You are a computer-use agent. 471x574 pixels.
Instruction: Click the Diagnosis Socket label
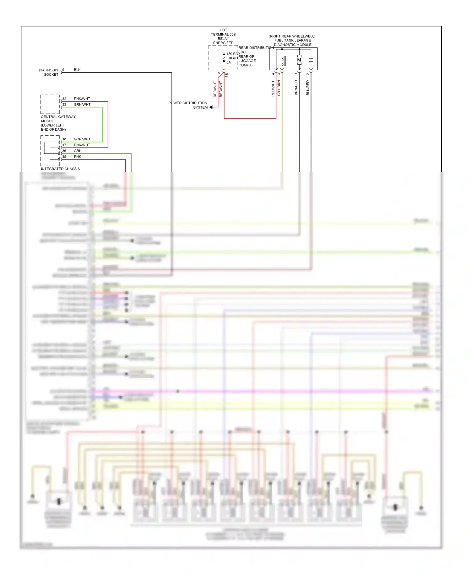coord(49,72)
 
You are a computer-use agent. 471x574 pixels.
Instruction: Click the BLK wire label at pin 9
coord(77,70)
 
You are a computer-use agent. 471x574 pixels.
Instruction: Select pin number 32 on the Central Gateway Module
coord(64,99)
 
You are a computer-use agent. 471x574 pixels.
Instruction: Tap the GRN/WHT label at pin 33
coord(82,105)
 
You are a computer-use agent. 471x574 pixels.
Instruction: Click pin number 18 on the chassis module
coord(64,139)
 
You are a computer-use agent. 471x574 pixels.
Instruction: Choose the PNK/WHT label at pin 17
coord(82,145)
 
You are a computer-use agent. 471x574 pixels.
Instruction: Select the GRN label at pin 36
coord(78,151)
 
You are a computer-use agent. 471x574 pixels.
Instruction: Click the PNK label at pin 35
coord(77,156)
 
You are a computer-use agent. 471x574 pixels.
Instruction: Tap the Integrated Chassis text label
coord(60,169)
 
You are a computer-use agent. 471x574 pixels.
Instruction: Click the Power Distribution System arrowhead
coord(211,107)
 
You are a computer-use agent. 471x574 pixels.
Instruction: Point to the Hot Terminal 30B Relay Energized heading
coord(223,36)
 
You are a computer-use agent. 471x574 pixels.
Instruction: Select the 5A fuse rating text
coord(229,62)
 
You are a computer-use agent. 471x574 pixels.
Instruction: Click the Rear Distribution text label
coord(256,48)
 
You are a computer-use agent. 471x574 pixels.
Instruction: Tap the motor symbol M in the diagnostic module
coord(299,60)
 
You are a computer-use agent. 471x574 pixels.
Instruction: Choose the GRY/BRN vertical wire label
coord(279,88)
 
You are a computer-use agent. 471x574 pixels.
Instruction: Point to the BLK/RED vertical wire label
coord(308,88)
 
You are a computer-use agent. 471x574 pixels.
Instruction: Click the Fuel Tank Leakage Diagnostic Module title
coord(292,41)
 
